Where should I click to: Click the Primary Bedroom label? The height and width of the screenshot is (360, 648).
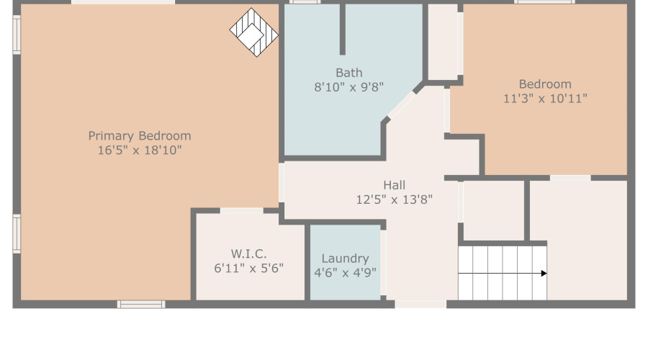[140, 135]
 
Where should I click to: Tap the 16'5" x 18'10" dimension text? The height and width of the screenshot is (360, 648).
[140, 150]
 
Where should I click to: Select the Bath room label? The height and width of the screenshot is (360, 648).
[349, 73]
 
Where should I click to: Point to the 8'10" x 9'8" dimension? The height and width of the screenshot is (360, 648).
[349, 87]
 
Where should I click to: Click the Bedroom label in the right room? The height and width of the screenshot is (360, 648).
[545, 84]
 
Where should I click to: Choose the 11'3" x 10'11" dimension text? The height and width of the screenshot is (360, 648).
[545, 99]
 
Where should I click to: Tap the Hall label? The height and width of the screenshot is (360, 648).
[394, 185]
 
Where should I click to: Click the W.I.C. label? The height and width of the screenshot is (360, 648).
[249, 253]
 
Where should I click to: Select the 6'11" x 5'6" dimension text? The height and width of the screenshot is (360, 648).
[249, 269]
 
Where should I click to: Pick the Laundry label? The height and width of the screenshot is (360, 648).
[345, 258]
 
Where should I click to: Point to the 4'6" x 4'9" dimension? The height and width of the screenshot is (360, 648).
[345, 273]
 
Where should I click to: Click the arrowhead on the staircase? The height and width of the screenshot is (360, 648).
[544, 274]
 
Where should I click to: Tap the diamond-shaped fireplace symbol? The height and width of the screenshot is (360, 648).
[253, 32]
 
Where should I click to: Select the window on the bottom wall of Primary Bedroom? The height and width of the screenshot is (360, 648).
[141, 305]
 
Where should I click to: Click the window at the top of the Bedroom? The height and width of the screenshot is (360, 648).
[544, 2]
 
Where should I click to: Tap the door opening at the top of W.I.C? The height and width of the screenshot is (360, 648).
[241, 210]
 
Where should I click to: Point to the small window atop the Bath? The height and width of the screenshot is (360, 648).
[305, 2]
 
